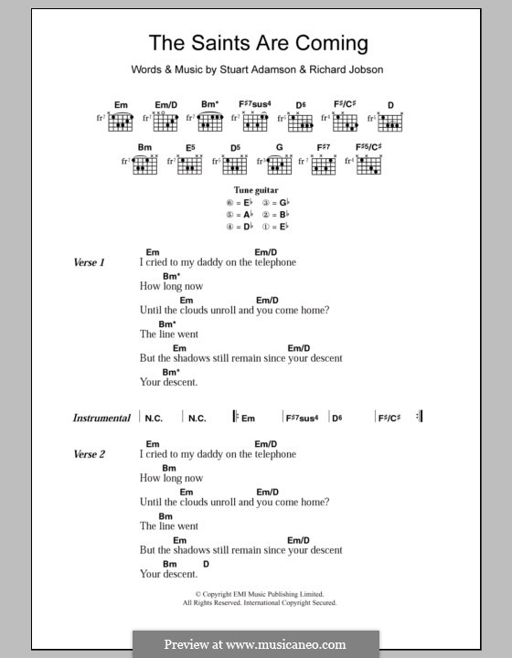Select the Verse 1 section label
[90, 262]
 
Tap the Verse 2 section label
[90, 454]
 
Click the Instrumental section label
[101, 418]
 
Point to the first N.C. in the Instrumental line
[154, 418]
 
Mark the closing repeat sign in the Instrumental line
[419, 417]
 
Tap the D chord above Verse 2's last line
[206, 564]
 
